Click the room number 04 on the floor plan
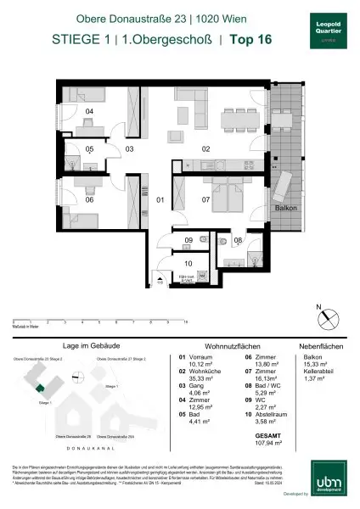tap(89, 110)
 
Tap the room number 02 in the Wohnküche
tap(205, 148)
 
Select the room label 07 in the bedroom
tap(205, 200)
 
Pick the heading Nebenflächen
tap(319, 346)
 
